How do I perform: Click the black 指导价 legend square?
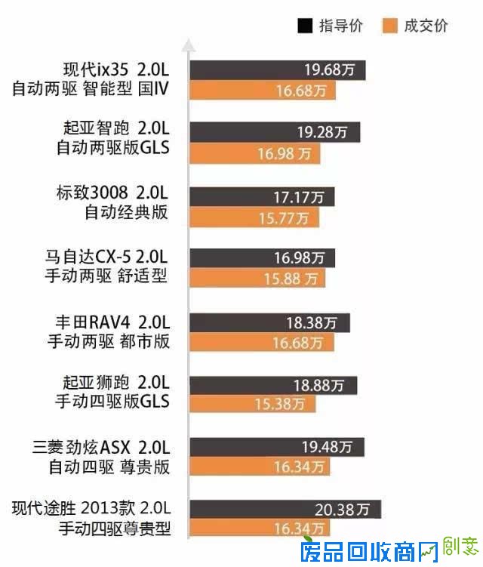[306, 26]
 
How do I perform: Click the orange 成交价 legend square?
[390, 26]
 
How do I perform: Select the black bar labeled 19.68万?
[277, 70]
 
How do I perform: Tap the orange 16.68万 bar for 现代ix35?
[263, 91]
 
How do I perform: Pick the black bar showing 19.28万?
[275, 132]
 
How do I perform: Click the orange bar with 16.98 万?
[255, 153]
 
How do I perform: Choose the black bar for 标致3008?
[262, 197]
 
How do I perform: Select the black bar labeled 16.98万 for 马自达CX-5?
[262, 258]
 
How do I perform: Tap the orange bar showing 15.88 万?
[257, 279]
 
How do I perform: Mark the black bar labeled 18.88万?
[273, 385]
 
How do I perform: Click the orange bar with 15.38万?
[252, 405]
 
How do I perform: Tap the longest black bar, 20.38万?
[285, 508]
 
